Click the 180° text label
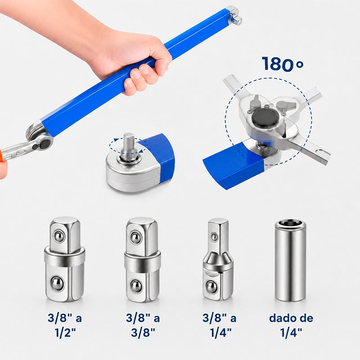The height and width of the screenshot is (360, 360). tap(283, 63)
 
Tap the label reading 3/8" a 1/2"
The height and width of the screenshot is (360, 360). tap(65, 325)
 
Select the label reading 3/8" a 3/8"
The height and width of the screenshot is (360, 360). tap(143, 325)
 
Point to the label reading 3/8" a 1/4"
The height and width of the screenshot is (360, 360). tap(220, 325)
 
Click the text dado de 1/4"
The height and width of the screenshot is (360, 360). tap(291, 325)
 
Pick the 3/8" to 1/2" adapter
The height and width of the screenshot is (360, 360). tap(64, 259)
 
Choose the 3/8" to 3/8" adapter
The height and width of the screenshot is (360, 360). tap(142, 260)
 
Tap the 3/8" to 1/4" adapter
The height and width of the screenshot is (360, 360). tap(218, 260)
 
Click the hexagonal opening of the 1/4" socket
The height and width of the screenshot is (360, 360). tap(291, 223)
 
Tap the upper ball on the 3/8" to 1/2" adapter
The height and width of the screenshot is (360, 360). tap(59, 236)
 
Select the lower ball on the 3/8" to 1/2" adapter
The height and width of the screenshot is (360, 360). tap(57, 283)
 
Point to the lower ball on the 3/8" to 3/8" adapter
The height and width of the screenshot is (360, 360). tap(136, 286)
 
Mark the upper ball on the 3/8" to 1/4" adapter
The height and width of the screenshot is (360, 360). tap(214, 237)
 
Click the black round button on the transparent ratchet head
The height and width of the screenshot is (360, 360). tap(265, 118)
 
